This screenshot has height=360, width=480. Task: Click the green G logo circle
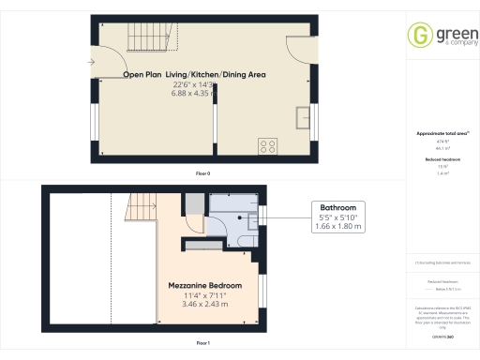(x=418, y=35)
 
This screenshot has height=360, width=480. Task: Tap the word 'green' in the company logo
(x=446, y=31)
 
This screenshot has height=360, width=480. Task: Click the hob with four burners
(x=267, y=145)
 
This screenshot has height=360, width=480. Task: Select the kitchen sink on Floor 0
(x=303, y=116)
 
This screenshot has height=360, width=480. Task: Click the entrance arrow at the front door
(x=90, y=62)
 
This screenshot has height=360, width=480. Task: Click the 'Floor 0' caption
(x=202, y=174)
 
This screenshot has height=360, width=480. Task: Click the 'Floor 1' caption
(x=202, y=344)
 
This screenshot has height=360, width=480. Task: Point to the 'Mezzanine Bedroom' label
(x=204, y=285)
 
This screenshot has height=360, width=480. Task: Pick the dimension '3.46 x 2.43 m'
(x=204, y=304)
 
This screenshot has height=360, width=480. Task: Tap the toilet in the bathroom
(x=247, y=238)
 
